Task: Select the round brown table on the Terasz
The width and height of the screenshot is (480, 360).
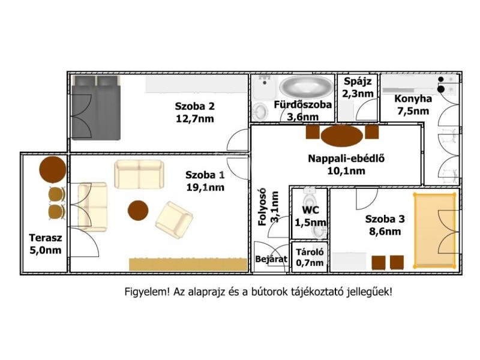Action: click(x=53, y=169)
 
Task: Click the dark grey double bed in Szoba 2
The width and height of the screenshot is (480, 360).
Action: click(x=95, y=108)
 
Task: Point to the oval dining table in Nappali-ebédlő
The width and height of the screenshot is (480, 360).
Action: click(x=341, y=136)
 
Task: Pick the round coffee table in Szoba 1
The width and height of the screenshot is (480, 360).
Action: click(x=138, y=211)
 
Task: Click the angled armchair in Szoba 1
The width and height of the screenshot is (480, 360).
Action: click(x=174, y=220)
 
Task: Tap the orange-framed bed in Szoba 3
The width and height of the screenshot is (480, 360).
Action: click(x=434, y=230)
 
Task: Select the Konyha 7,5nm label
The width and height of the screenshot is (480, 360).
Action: click(x=413, y=104)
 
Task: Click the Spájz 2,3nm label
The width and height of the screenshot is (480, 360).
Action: click(x=358, y=87)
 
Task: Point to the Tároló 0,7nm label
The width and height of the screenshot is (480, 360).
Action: click(x=310, y=257)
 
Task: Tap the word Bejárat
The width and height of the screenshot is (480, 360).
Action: click(x=271, y=259)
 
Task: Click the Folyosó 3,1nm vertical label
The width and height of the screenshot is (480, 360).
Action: click(x=268, y=207)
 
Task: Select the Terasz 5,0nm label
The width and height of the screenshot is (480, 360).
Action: click(x=46, y=244)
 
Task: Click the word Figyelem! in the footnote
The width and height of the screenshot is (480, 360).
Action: click(x=147, y=292)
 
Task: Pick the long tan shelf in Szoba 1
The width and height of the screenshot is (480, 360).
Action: click(x=188, y=265)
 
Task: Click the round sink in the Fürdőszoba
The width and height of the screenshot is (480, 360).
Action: click(x=260, y=112)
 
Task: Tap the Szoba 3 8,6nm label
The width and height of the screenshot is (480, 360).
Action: click(x=385, y=225)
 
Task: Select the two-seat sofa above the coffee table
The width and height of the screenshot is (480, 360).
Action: click(x=139, y=174)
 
